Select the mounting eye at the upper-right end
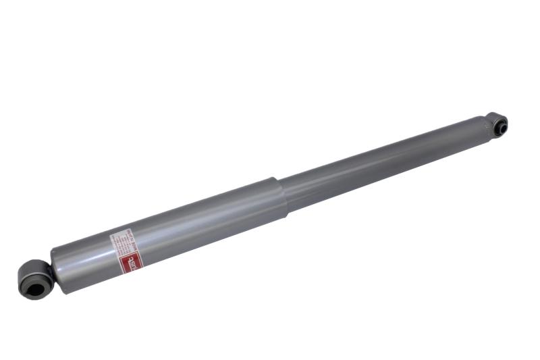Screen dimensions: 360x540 [x=498, y=125]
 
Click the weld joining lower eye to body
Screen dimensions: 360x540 [x=50, y=269]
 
